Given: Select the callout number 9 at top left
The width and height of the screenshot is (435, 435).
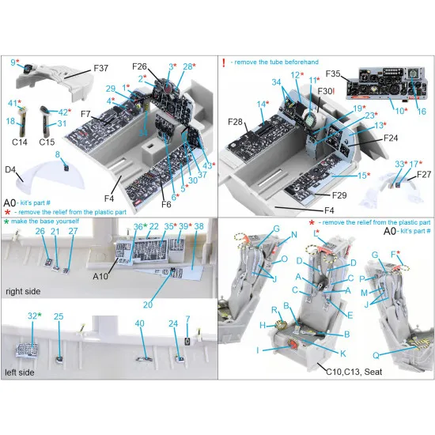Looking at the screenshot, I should point(14,61).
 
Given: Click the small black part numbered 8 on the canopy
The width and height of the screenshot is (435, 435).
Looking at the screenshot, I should point(66,168).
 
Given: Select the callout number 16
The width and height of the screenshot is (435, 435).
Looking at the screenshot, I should point(422,112).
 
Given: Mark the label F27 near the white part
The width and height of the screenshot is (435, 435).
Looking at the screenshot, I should point(423,174).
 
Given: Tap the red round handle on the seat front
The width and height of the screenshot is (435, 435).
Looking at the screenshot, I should point(292,345).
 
